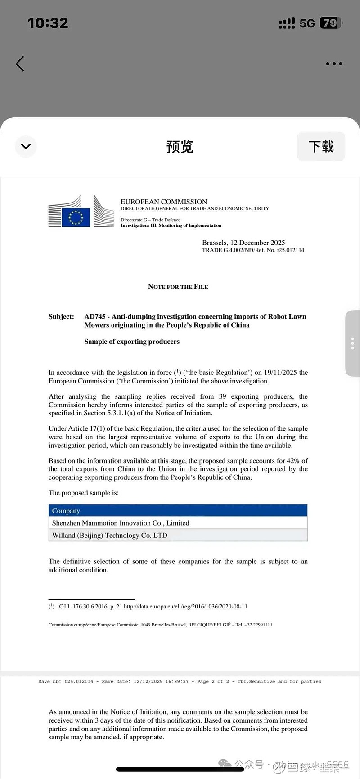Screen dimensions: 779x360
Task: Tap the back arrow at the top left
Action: click(20, 64)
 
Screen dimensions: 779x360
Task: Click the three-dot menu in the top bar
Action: click(334, 64)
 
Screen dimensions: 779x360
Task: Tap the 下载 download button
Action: click(321, 146)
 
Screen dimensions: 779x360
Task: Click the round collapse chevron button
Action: click(26, 146)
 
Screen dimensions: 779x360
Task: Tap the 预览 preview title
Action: click(180, 147)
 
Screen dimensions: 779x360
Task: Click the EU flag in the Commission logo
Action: click(76, 217)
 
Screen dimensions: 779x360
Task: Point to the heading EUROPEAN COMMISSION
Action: click(164, 202)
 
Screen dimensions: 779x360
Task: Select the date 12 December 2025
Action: click(257, 243)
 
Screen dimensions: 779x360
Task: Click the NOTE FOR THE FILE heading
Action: click(178, 287)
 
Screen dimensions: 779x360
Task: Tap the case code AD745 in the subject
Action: click(94, 316)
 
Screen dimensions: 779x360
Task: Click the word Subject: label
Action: click(61, 316)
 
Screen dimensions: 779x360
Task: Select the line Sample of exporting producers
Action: click(132, 342)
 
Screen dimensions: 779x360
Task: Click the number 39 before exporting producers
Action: click(222, 396)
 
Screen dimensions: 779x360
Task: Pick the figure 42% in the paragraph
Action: click(292, 461)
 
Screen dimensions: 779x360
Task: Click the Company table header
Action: click(66, 511)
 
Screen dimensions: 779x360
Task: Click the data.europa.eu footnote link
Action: click(185, 607)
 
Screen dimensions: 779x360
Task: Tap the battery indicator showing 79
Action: click(330, 23)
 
